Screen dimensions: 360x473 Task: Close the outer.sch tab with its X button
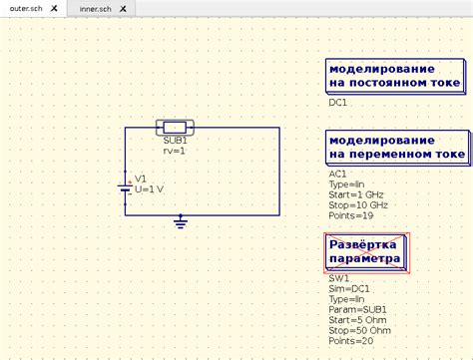54,7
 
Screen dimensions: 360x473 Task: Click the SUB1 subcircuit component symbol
175,128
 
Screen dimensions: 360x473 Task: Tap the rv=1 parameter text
174,151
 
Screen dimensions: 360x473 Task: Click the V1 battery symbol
125,184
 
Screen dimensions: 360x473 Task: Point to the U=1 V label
151,189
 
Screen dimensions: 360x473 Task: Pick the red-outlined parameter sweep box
367,252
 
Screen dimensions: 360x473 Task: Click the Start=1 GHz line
356,193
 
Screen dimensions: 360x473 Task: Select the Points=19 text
351,214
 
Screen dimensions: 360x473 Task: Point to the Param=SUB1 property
357,309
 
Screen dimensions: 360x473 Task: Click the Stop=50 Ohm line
358,329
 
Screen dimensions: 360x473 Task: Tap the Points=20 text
351,340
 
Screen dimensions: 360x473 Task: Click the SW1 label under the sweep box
339,278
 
